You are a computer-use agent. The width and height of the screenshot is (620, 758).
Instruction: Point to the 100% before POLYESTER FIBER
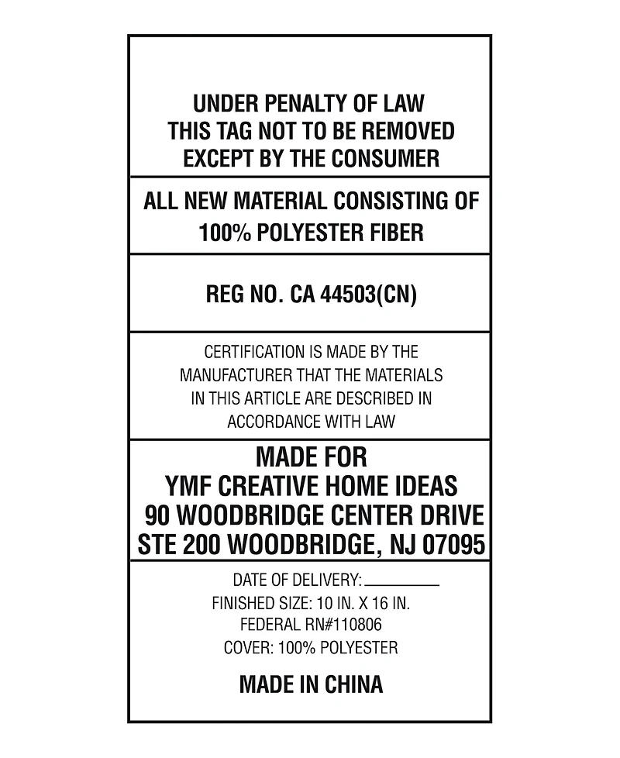point(222,233)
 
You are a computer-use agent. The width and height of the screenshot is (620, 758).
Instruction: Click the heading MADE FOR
point(311,456)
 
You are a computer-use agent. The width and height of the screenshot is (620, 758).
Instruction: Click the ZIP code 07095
point(454,545)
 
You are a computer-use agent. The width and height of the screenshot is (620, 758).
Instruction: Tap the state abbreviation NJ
point(402,545)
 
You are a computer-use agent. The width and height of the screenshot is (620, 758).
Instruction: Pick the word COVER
point(246,647)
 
